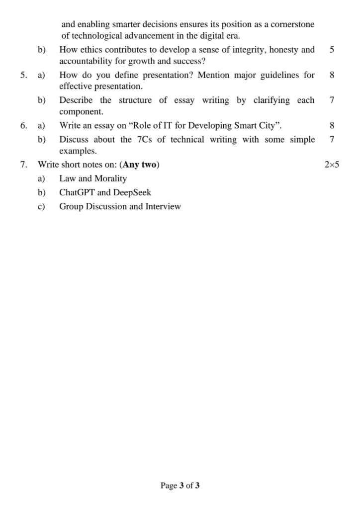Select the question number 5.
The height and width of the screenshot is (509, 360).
coord(23,75)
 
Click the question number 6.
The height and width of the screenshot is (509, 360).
coord(23,125)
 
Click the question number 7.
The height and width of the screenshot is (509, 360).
coord(23,165)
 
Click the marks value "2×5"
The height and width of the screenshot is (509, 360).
coord(331,165)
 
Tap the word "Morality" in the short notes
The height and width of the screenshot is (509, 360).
coord(111,178)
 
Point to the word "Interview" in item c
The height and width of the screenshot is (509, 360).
coord(163,206)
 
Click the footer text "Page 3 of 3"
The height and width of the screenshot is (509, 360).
coord(180,486)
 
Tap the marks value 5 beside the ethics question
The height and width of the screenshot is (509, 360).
coord(332,49)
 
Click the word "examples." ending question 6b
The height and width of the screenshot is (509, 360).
coord(78,151)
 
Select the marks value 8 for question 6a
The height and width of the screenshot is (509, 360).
coord(332,125)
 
